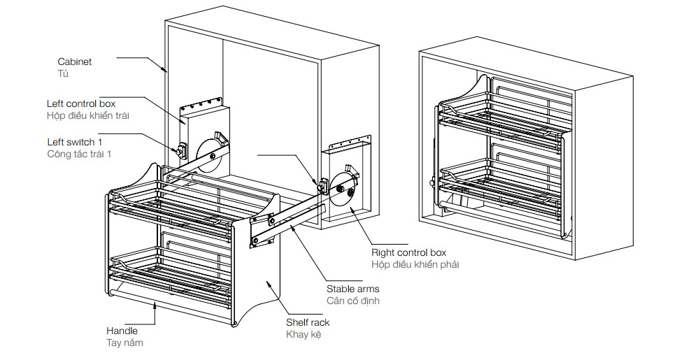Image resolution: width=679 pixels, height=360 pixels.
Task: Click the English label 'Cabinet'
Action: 74,62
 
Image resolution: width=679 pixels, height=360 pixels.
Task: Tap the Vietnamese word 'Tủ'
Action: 63,73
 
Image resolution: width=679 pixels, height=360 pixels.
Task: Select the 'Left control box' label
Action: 81,103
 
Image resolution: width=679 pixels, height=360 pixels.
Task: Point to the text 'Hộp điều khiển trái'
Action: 88,115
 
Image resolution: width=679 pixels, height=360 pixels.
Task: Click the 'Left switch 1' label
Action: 76,142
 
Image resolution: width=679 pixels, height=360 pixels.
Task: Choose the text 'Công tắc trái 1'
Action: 79,154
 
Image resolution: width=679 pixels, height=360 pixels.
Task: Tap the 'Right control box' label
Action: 408,252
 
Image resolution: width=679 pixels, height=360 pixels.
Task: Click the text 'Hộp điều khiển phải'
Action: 415,264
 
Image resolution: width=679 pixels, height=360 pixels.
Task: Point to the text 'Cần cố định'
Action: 352,301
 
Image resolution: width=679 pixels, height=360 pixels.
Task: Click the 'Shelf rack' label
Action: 308,322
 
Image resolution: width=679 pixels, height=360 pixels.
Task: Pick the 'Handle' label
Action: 122,330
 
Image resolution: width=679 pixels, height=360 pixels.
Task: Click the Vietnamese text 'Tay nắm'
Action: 124,343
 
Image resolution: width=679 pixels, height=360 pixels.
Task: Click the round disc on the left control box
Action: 209,154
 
